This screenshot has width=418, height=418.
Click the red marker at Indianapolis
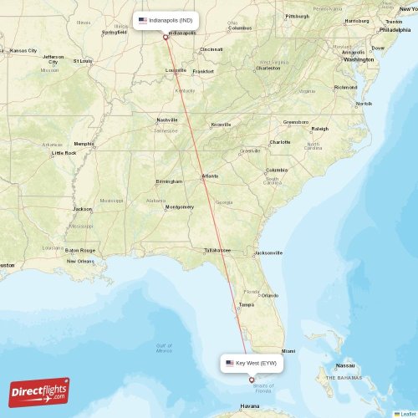(x=166, y=37)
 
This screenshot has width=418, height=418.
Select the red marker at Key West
(x=252, y=380)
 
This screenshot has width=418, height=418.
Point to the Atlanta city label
(x=210, y=176)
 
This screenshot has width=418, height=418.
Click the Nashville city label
(x=167, y=120)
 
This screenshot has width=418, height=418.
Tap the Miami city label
(x=288, y=351)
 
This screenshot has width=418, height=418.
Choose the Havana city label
(x=250, y=407)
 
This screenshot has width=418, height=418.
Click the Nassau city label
(x=344, y=365)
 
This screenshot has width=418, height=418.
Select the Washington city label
(x=359, y=60)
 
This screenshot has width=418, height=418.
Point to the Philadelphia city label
(x=395, y=29)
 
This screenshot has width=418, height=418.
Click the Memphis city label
(x=84, y=144)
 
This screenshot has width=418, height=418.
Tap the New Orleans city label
(x=80, y=261)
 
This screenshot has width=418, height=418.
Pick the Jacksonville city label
(x=269, y=252)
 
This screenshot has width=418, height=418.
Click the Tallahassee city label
(x=217, y=250)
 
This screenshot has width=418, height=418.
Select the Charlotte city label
(x=280, y=142)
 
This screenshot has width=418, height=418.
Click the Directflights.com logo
(x=39, y=391)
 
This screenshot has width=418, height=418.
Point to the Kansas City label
(x=23, y=50)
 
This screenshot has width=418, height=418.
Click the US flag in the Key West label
(x=230, y=363)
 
